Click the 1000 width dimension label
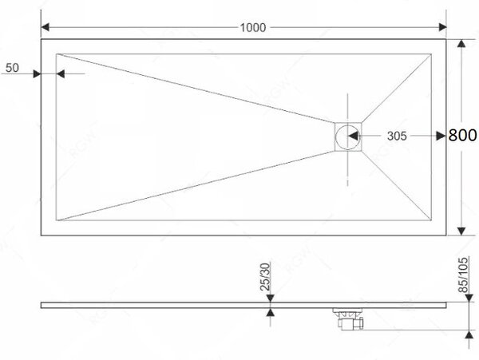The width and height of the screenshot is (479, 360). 252,28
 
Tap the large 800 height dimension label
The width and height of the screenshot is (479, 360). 462,135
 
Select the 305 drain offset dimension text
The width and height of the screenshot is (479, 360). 397,136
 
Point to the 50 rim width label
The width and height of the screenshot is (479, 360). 12,68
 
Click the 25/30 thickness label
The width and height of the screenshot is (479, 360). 265,277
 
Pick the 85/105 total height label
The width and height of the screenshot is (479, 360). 463,275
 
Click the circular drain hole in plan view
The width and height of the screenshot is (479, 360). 347,136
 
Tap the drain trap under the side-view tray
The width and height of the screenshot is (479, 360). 349,318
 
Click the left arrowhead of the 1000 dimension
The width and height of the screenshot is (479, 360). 45,27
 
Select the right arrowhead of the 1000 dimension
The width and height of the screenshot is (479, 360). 442,27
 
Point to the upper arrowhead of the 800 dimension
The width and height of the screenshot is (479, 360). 461,43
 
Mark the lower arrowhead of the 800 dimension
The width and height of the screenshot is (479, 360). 461,231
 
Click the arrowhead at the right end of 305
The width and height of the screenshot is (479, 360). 441,136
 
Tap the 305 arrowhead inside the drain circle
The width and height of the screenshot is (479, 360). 353,136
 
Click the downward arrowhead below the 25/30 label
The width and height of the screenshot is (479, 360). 270,299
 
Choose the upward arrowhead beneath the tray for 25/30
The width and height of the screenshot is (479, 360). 270,312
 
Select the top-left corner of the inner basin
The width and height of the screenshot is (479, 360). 56,54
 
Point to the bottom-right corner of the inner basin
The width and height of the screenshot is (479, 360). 431,220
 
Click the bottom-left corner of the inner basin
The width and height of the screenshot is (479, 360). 56,220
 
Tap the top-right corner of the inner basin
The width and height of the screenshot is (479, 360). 431,54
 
